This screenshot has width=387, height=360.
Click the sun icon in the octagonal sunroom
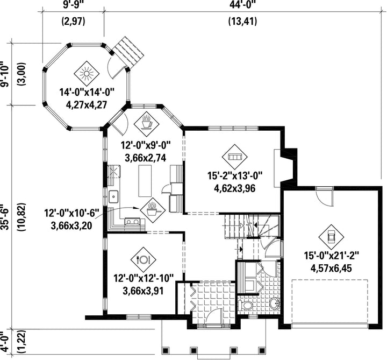(x=87, y=73)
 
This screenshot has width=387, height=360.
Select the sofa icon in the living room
(x=234, y=157)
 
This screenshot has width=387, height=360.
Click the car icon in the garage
(x=331, y=237)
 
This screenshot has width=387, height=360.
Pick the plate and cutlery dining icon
(x=144, y=259)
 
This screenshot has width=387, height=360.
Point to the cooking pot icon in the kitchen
(x=153, y=210)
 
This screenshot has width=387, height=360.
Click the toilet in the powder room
(x=245, y=305)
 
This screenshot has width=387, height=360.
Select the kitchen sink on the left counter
(x=113, y=196)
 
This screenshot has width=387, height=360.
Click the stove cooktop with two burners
(x=132, y=221)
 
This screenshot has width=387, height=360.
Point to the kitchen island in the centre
(x=145, y=181)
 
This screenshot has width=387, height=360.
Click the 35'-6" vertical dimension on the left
(x=5, y=217)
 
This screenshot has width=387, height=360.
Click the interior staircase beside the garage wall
(x=252, y=227)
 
